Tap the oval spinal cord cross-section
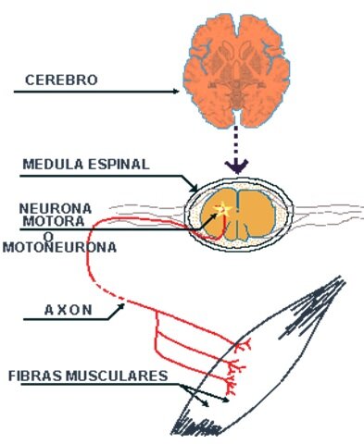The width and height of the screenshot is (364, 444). point(239,215)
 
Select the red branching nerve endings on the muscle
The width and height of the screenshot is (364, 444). point(237,365)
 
